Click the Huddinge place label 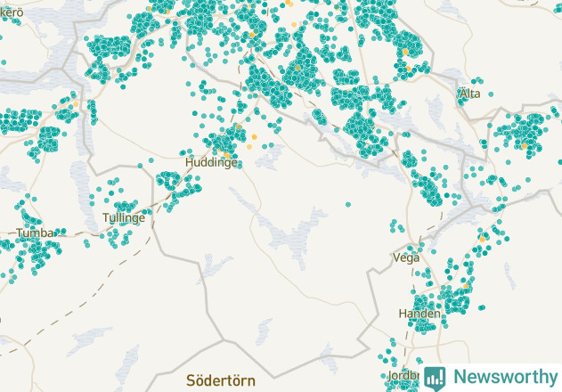211,164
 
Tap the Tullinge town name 123,218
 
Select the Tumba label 35,233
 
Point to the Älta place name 469,94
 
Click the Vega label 405,257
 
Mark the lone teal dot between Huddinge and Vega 347,204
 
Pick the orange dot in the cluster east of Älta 525,145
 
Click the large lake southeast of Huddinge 294,233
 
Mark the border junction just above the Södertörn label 223,339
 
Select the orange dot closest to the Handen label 464,287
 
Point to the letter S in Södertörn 191,380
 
